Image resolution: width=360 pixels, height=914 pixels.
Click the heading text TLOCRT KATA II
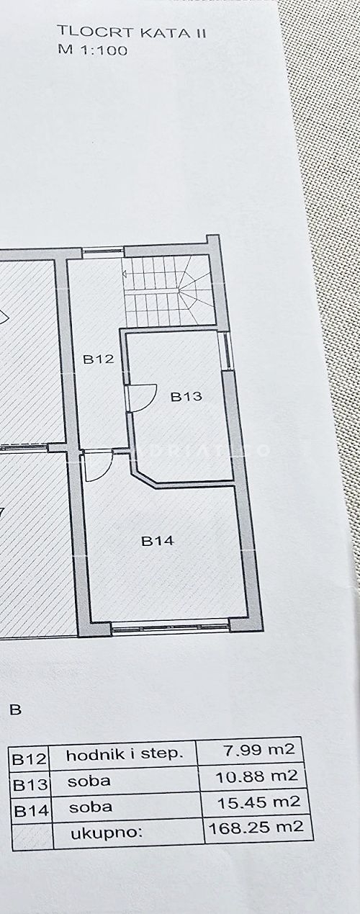[132, 32]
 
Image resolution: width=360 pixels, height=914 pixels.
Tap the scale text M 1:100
[93, 50]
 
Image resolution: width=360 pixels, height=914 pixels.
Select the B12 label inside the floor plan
[98, 359]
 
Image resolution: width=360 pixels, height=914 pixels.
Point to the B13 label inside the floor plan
[186, 396]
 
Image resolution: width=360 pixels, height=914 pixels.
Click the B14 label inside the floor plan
[158, 541]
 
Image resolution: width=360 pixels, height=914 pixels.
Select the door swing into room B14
[98, 466]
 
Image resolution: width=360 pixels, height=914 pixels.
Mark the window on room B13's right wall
[225, 351]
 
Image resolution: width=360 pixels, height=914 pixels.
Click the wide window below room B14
[170, 629]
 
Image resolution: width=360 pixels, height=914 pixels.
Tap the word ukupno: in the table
[107, 834]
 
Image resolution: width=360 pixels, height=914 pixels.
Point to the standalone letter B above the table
[15, 709]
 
